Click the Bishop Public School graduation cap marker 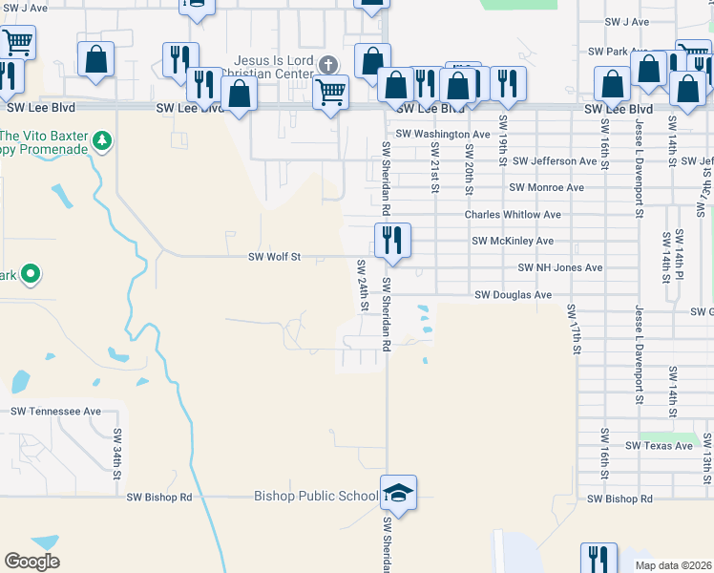399,494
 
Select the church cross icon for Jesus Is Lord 328,65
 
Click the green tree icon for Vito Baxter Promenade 101,142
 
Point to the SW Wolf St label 274,257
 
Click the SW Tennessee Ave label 55,412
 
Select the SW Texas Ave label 659,446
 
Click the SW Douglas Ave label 514,295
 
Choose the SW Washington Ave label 443,135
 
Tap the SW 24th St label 364,285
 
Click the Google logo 31,562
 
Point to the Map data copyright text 674,565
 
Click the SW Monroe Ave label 546,188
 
